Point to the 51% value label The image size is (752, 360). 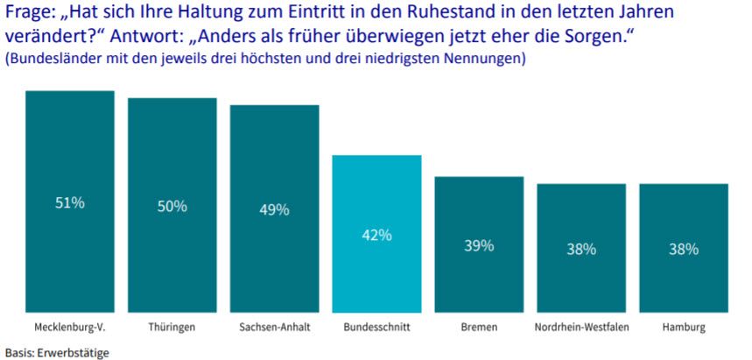coord(70,202)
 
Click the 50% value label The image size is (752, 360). coord(172,206)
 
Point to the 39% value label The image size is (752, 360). coord(479,245)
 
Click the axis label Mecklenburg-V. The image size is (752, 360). coord(70,328)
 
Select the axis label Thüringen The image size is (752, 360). coord(172,328)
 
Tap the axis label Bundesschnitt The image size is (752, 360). coord(376,328)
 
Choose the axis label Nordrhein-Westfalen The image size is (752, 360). coord(581,328)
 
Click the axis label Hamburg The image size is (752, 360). coord(684,328)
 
